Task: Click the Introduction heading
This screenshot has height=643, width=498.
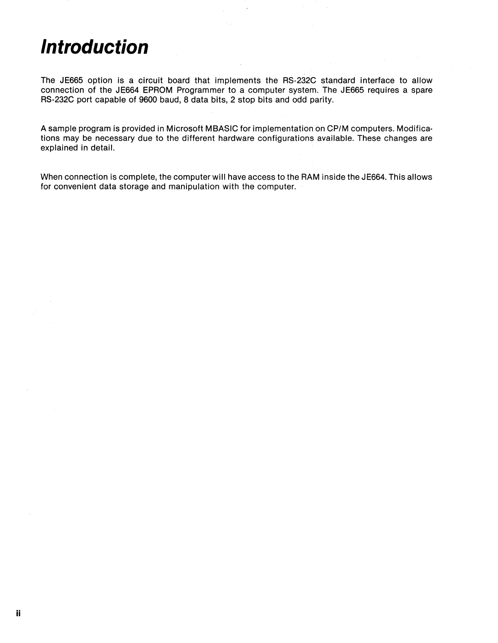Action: [x=94, y=47]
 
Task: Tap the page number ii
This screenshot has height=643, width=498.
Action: [x=18, y=613]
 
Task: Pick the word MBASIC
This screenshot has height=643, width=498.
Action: [x=222, y=129]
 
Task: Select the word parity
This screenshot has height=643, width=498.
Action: [x=321, y=100]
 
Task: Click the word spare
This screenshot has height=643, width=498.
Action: [x=422, y=90]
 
